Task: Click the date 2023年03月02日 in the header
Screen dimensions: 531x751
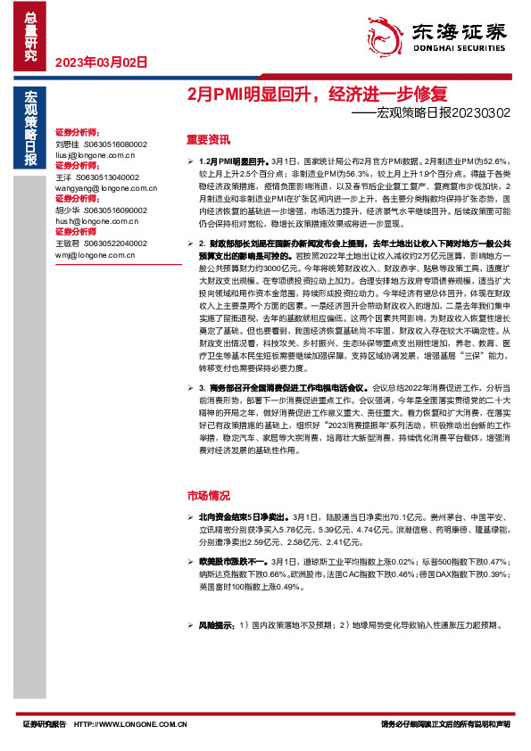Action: (x=101, y=62)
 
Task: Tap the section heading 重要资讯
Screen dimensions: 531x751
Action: (x=208, y=140)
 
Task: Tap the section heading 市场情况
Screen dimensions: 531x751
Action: (x=208, y=495)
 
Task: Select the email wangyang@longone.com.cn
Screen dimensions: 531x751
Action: (x=99, y=188)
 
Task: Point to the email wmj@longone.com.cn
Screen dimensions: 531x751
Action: (x=92, y=255)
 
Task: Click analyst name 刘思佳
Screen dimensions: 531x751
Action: (x=67, y=144)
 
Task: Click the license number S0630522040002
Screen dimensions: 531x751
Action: (x=117, y=243)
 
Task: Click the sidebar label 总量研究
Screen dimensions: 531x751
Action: (x=29, y=35)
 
